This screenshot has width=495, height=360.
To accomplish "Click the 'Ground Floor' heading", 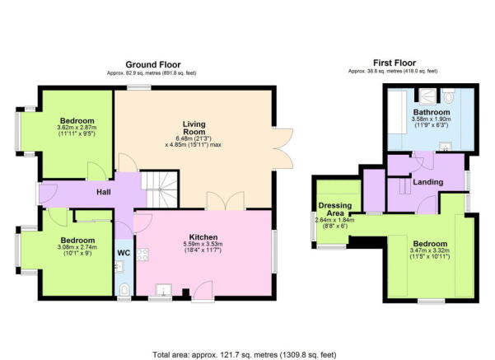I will [153, 64].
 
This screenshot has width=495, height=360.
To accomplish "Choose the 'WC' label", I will [124, 253].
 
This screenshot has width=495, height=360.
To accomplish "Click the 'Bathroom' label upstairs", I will [432, 111].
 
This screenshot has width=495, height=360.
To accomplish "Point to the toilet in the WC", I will [124, 288].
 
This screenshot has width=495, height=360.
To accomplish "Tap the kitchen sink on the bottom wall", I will [161, 291].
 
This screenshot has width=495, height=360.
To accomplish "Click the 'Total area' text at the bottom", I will [247, 350].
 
